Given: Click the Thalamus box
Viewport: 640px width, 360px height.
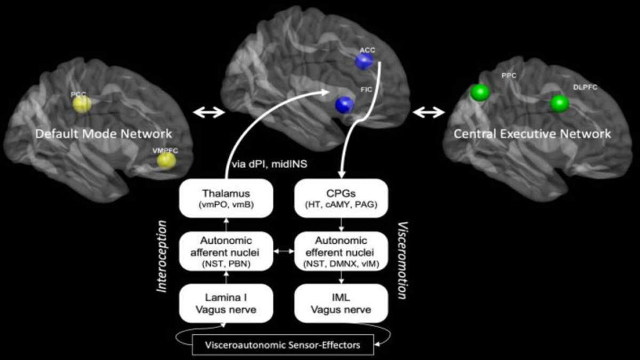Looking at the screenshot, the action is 226,198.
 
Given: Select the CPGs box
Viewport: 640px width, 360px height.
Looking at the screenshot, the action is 341,198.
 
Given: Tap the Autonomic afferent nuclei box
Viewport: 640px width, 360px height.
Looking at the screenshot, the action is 226,251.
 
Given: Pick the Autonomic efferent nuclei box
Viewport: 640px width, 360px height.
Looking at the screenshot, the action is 341,251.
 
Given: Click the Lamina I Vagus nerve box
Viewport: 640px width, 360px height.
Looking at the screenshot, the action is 226,303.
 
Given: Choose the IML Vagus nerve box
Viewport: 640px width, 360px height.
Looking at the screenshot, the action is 341,303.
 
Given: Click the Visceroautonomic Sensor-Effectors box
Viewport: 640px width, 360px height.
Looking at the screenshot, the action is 282,345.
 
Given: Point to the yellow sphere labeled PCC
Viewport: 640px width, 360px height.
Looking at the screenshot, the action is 82,104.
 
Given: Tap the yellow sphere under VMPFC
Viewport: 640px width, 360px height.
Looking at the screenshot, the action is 166,161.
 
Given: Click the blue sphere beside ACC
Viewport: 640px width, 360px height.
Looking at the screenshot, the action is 364,62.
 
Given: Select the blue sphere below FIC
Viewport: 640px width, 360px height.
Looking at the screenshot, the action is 344,105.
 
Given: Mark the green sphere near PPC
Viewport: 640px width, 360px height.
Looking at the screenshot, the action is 481,92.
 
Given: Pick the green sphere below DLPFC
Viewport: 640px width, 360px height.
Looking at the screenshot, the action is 559,104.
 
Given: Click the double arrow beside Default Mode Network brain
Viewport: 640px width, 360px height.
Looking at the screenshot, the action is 209,112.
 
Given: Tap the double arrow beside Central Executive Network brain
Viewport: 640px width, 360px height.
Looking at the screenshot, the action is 429,112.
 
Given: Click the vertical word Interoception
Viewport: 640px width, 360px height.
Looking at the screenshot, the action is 162,256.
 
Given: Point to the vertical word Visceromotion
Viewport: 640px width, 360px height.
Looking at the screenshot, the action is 403,261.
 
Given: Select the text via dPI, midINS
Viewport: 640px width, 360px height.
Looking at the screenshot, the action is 269,164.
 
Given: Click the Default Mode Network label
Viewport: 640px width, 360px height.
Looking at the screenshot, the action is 104,134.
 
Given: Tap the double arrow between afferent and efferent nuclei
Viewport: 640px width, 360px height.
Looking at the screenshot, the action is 284,251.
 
